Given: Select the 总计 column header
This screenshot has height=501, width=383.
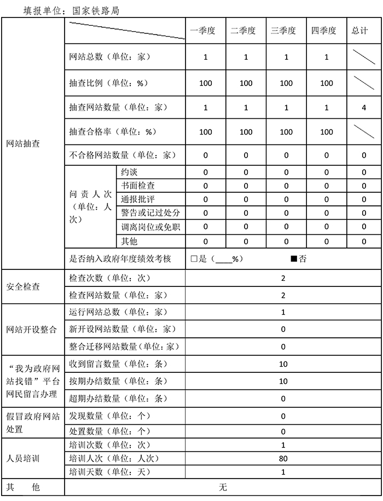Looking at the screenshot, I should click(x=359, y=31).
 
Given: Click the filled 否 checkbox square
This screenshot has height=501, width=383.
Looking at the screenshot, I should click(x=294, y=259).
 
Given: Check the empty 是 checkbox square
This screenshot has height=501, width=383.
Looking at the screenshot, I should click(x=194, y=259).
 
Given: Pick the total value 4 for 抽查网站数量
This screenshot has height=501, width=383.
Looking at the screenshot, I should click(x=364, y=108).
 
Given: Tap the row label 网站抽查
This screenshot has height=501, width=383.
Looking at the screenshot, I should click(x=22, y=144).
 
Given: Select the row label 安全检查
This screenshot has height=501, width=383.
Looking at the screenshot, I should click(x=22, y=286).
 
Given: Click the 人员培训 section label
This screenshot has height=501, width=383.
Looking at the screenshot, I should click(x=22, y=458).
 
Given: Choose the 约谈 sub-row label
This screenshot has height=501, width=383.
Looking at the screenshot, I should click(x=130, y=172).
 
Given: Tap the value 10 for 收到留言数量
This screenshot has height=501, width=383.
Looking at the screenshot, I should click(x=283, y=364).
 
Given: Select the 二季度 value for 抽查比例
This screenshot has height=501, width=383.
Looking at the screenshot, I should click(x=246, y=83).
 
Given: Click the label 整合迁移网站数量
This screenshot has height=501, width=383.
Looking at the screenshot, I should click(x=124, y=346).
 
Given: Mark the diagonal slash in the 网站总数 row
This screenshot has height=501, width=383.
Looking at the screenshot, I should click(x=363, y=57).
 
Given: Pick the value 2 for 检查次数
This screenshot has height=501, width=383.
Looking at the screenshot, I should click(x=283, y=278).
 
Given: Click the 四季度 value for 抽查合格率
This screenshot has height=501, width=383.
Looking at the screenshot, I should click(x=327, y=132).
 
